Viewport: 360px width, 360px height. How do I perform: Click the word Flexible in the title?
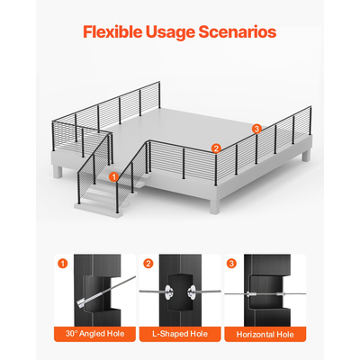pos(112,31)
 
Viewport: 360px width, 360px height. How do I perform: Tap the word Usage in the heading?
pos(170,32)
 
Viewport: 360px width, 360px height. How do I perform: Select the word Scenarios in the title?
pos(237,31)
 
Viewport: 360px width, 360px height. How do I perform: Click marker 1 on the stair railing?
pos(113,177)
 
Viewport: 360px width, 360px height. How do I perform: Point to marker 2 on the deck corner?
pos(216,148)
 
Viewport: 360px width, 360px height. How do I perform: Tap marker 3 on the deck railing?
pos(256,129)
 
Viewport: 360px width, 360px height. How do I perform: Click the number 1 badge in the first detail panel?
pos(63,264)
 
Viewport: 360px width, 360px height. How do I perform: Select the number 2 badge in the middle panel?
pos(148,264)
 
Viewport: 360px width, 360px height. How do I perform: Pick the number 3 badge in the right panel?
pos(231,264)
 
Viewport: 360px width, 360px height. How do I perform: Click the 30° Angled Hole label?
pos(94,334)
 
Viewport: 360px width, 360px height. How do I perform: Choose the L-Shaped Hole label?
pos(180,334)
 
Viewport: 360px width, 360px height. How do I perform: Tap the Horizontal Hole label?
pos(265,334)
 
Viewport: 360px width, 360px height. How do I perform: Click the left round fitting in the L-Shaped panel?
pos(168,292)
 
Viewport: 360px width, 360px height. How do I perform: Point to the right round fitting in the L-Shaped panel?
pos(191,292)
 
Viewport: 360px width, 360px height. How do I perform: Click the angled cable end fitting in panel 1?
pos(83,302)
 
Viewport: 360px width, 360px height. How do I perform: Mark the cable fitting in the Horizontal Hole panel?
pos(251,294)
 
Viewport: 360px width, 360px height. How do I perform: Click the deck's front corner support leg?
pos(215,206)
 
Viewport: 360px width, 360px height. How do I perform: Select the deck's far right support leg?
pos(306,156)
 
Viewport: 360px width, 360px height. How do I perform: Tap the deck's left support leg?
pos(58,172)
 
